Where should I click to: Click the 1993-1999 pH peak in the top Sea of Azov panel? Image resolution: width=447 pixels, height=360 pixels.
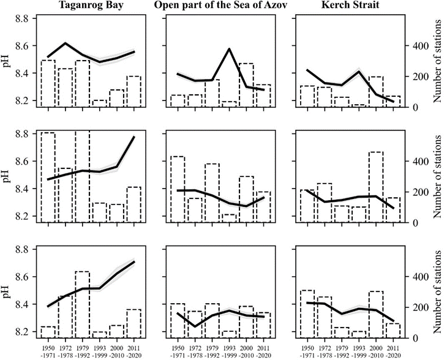click(x=229, y=49)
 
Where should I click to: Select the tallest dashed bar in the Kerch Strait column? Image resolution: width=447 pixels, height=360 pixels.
click(x=375, y=187)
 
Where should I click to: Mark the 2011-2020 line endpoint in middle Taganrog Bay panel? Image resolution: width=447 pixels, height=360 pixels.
click(x=133, y=137)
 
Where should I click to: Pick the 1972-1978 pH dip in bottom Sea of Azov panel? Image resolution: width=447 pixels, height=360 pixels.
click(x=195, y=326)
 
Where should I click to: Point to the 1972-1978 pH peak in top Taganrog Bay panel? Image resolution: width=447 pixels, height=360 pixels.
click(x=66, y=43)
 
